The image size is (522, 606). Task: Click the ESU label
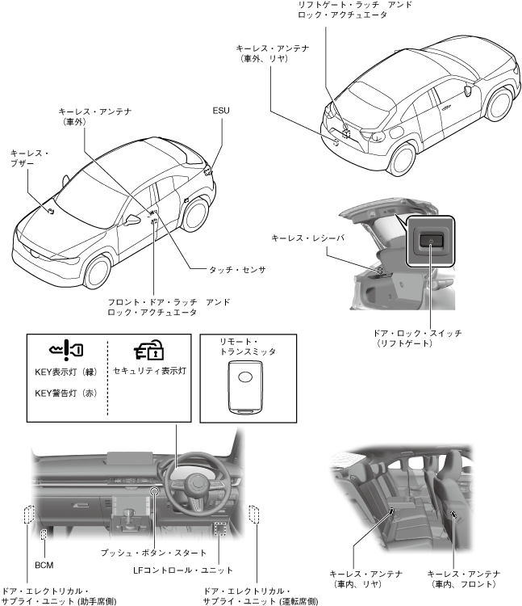point(220,109)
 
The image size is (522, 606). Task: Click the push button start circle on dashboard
point(155,492)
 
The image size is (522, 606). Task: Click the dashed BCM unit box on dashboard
point(44,533)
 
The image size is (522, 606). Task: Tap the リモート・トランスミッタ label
point(248,347)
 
